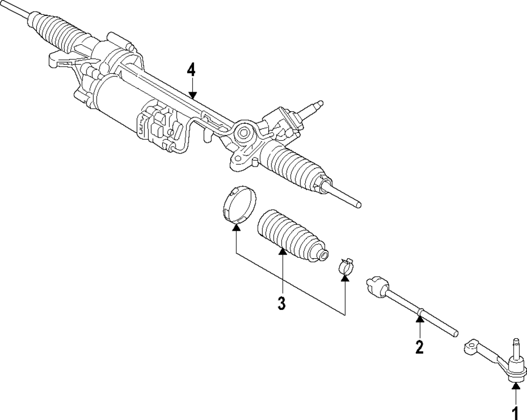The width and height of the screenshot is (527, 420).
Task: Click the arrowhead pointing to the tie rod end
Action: pyautogui.click(x=514, y=387)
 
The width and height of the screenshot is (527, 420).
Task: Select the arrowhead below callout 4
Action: pyautogui.click(x=193, y=95)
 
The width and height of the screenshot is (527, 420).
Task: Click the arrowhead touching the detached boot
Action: pyautogui.click(x=282, y=251)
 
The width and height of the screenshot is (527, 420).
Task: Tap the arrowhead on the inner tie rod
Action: pyautogui.click(x=419, y=318)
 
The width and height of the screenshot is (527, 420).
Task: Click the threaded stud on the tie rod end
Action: pyautogui.click(x=514, y=348)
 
